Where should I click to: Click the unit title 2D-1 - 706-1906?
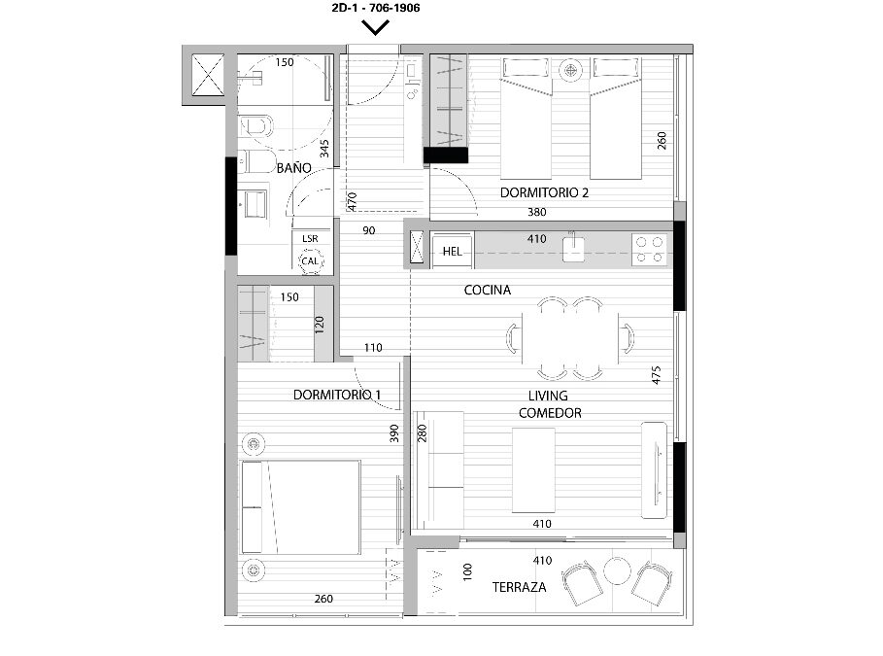pyautogui.click(x=376, y=8)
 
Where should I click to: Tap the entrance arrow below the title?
pyautogui.click(x=376, y=28)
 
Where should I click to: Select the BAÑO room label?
pyautogui.click(x=294, y=168)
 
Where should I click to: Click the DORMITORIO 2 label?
pyautogui.click(x=544, y=192)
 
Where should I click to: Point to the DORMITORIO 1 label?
pyautogui.click(x=337, y=395)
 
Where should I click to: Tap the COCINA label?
pyautogui.click(x=487, y=290)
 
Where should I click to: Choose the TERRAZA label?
pyautogui.click(x=520, y=587)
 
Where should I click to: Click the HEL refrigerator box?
pyautogui.click(x=453, y=251)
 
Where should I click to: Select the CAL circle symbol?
pyautogui.click(x=310, y=260)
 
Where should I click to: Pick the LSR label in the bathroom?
pyautogui.click(x=310, y=238)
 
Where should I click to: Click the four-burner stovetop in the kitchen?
pyautogui.click(x=649, y=250)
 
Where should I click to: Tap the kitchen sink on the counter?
pyautogui.click(x=573, y=248)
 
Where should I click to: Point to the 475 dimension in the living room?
pyautogui.click(x=656, y=375)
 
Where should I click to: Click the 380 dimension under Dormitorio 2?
pyautogui.click(x=536, y=212)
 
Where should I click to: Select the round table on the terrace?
pyautogui.click(x=617, y=570)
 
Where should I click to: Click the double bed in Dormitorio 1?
pyautogui.click(x=301, y=507)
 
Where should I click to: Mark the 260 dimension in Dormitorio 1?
pyautogui.click(x=323, y=599)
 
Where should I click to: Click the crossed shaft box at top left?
pyautogui.click(x=208, y=75)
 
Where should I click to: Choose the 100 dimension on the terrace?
pyautogui.click(x=467, y=571)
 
